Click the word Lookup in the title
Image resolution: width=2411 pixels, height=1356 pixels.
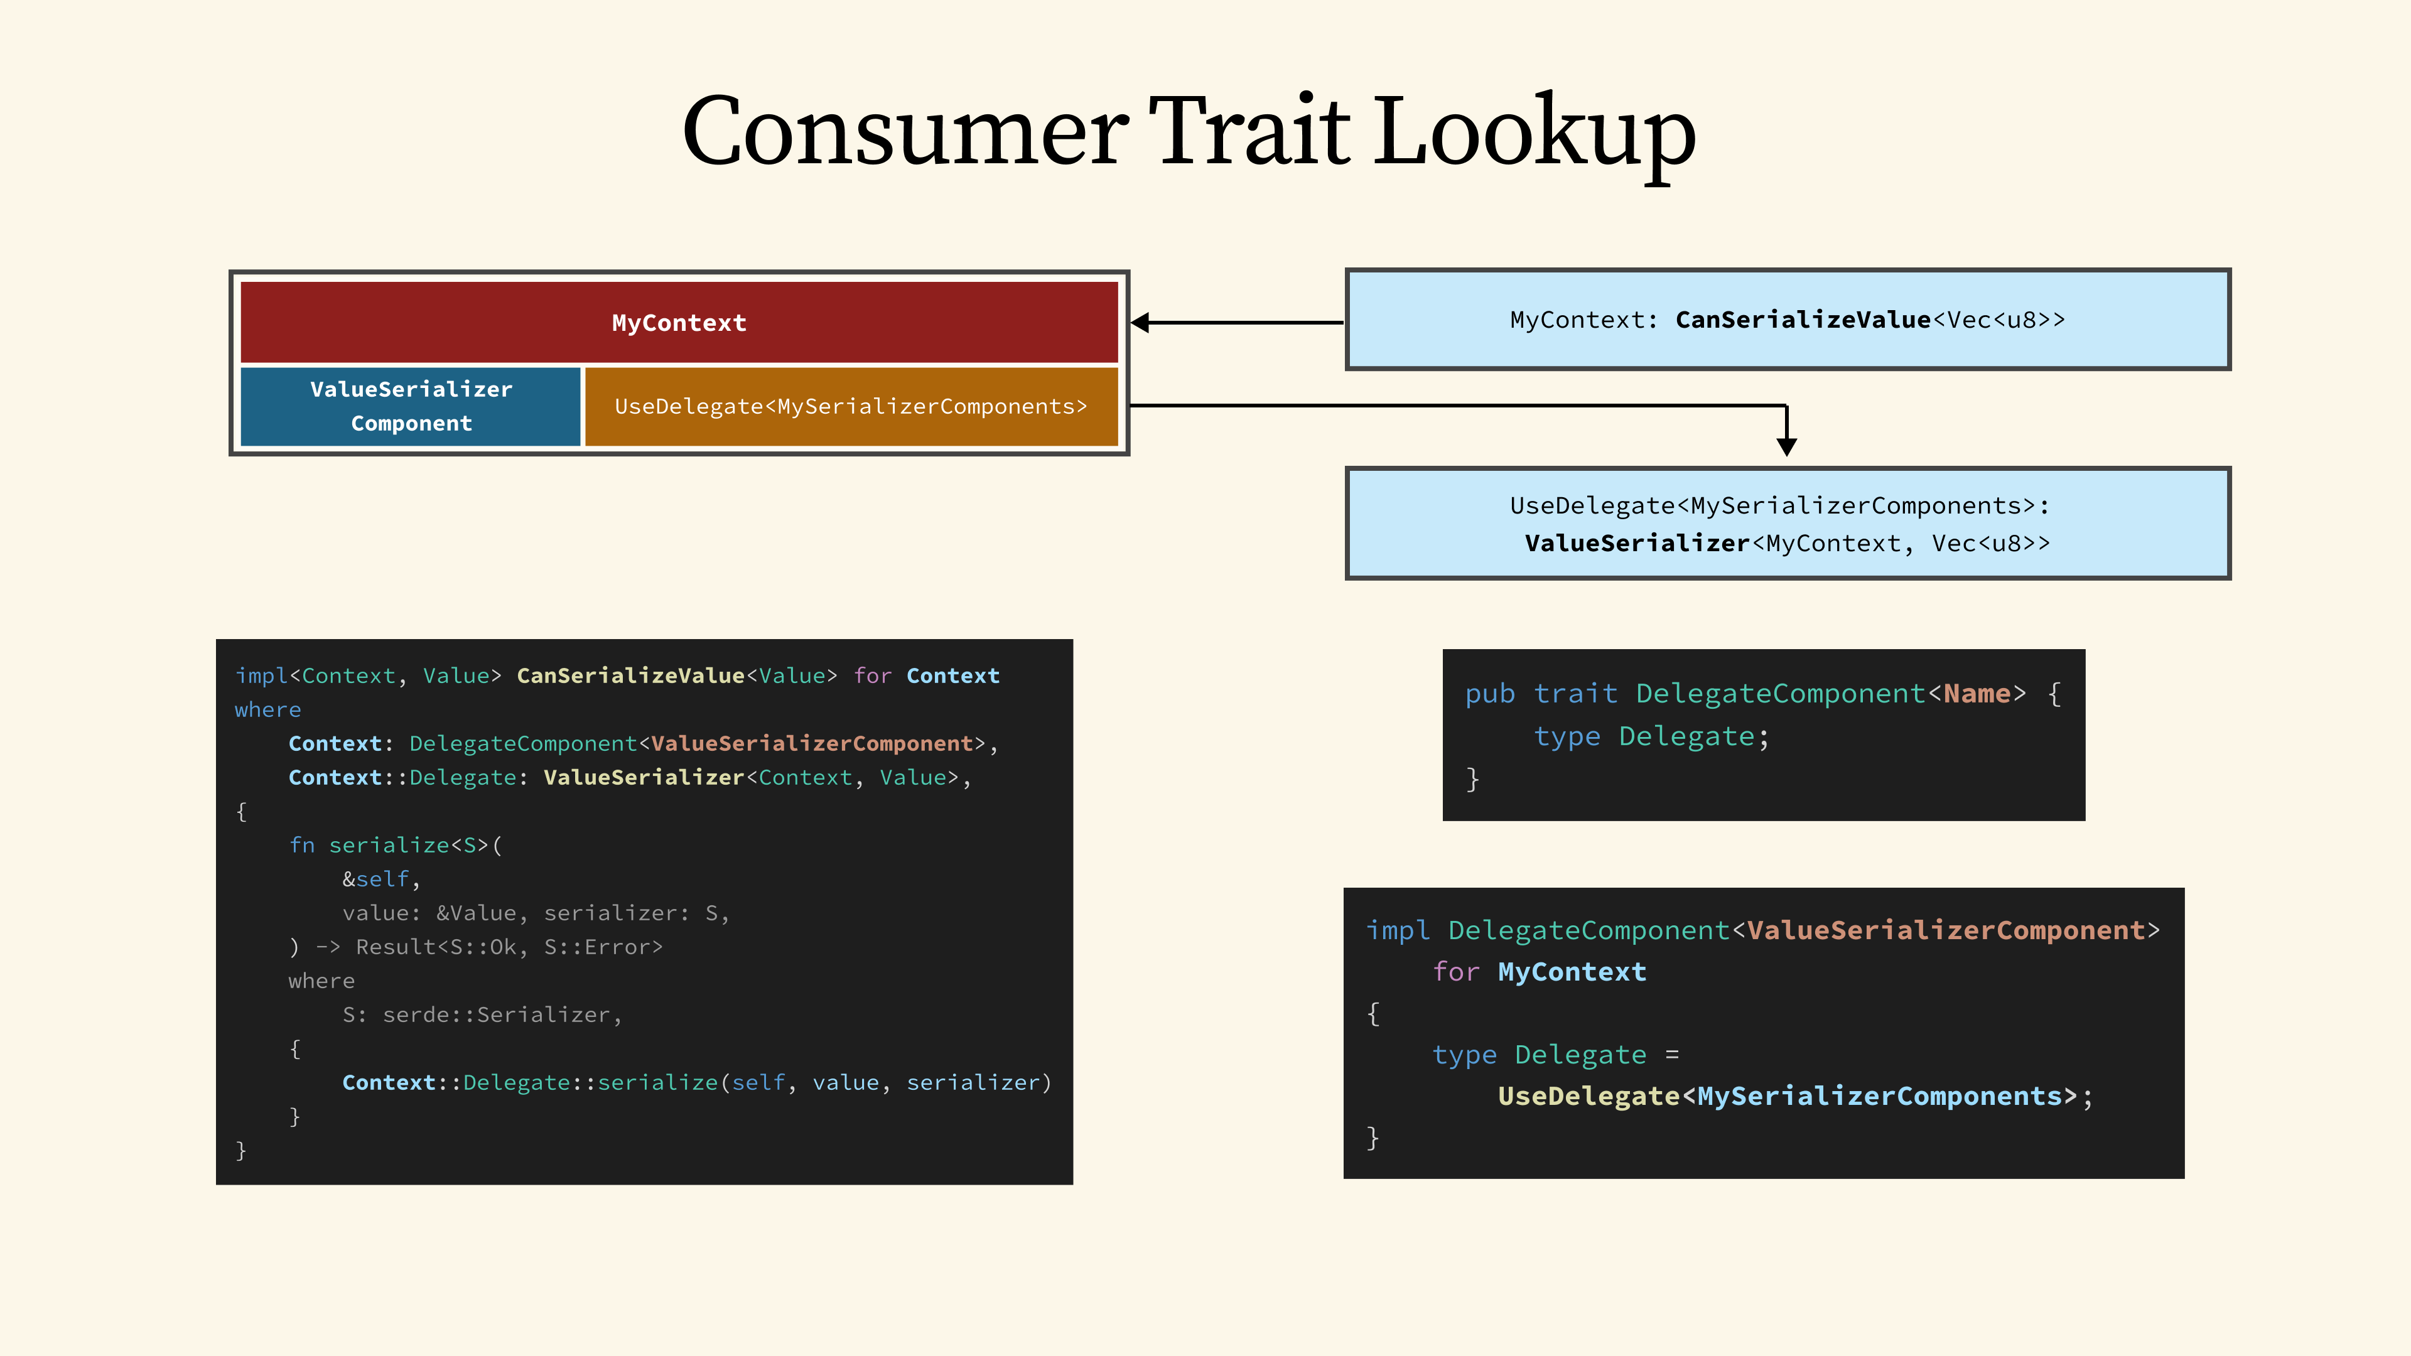(x=1535, y=134)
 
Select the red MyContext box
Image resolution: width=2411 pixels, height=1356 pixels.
(x=679, y=322)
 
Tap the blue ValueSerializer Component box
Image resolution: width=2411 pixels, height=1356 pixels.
(x=411, y=406)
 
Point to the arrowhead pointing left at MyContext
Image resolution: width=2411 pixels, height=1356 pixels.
(x=1140, y=322)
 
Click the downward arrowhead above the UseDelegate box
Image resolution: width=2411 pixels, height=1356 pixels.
(x=1787, y=446)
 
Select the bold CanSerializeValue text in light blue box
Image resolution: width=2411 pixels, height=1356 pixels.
(x=1803, y=320)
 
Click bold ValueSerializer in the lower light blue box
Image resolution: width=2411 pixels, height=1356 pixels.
(x=1637, y=543)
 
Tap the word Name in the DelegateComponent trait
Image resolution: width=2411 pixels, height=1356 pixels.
(x=1977, y=694)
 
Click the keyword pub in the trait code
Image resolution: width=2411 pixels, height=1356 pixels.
(x=1490, y=694)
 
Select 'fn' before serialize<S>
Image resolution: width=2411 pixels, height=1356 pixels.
(x=302, y=845)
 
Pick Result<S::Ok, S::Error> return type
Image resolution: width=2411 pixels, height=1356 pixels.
(x=509, y=947)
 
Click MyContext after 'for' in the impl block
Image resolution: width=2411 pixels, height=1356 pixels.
(x=1572, y=971)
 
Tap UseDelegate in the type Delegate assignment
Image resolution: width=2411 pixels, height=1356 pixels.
(x=1588, y=1096)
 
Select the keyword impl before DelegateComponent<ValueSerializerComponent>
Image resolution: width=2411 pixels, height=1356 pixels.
(x=1398, y=930)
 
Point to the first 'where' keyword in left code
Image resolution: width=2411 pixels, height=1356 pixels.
(x=267, y=709)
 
